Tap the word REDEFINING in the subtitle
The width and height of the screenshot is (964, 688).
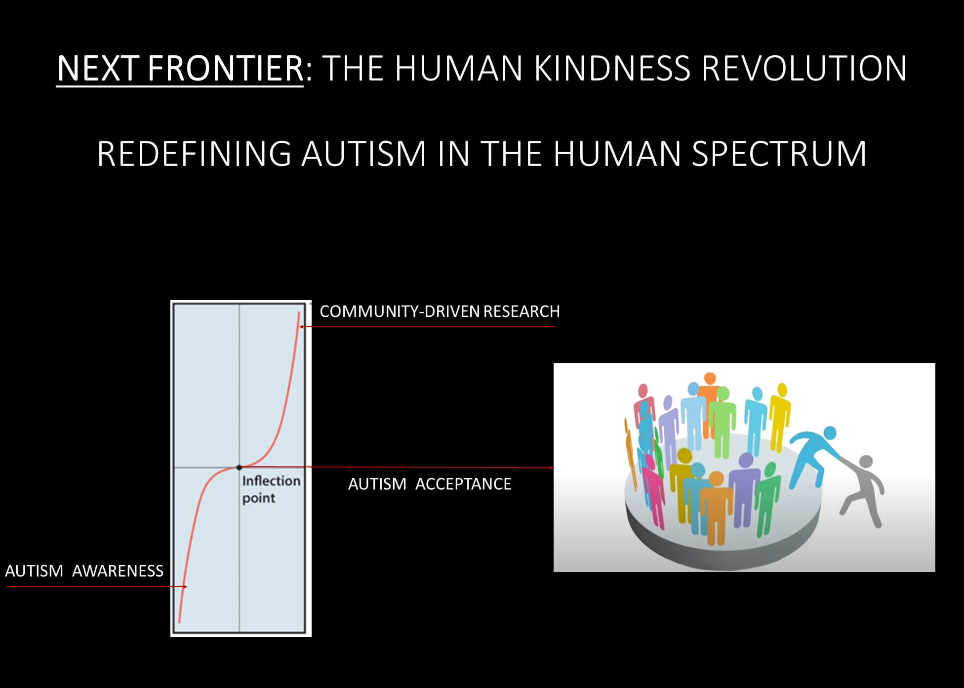pyautogui.click(x=194, y=154)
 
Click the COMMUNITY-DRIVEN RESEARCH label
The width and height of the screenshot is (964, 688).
pyautogui.click(x=440, y=311)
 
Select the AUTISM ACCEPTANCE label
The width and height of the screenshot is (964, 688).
pyautogui.click(x=430, y=484)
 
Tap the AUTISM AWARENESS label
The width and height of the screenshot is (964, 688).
pyautogui.click(x=84, y=571)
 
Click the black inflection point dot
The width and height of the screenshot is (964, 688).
pyautogui.click(x=239, y=467)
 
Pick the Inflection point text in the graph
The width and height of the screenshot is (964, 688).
pyautogui.click(x=271, y=489)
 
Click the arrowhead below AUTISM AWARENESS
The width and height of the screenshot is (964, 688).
pyautogui.click(x=185, y=587)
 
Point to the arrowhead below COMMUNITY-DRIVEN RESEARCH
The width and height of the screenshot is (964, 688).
pyautogui.click(x=301, y=327)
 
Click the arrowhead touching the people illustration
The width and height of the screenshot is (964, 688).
pyautogui.click(x=551, y=467)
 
